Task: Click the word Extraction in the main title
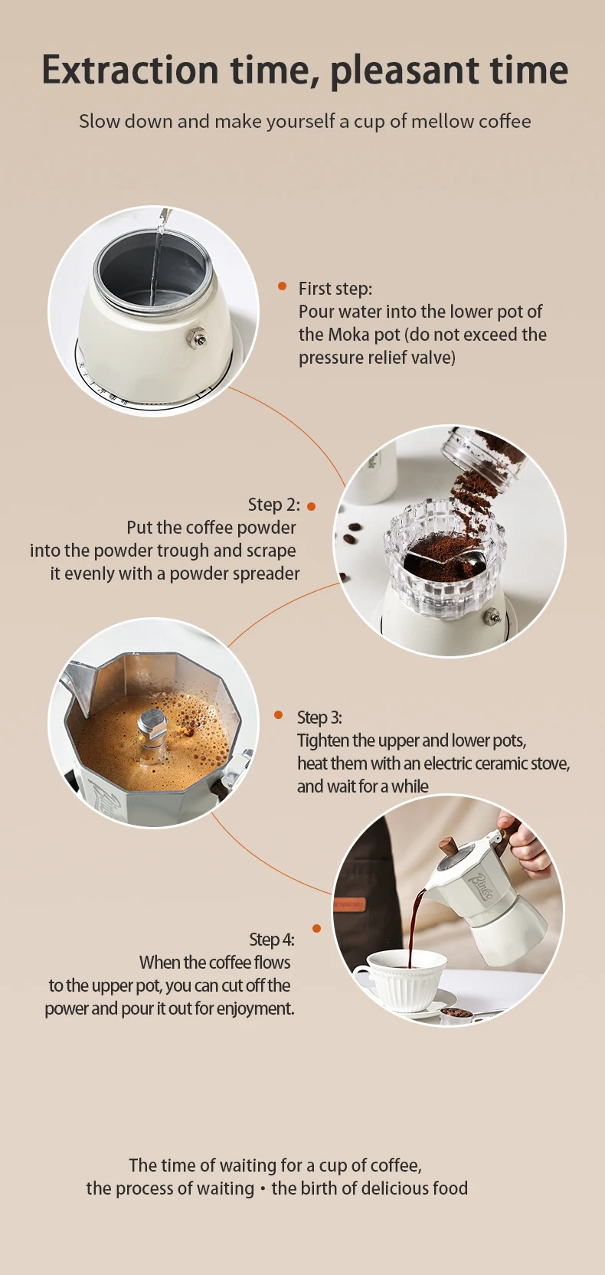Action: (x=130, y=70)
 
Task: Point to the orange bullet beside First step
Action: (x=283, y=286)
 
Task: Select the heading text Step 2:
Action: (x=273, y=505)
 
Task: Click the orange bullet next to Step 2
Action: (x=312, y=506)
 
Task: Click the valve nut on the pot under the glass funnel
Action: (x=492, y=616)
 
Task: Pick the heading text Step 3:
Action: (x=319, y=718)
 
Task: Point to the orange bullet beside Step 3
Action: (x=278, y=715)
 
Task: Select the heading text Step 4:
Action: (x=271, y=940)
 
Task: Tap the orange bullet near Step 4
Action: (x=317, y=928)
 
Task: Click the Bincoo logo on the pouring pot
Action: (x=480, y=888)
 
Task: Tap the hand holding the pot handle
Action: (x=523, y=845)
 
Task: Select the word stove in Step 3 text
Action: (x=550, y=763)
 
